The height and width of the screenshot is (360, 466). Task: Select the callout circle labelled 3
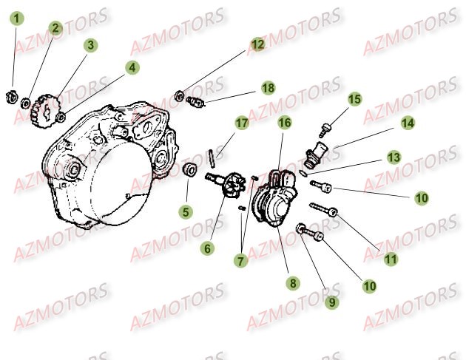(90, 45)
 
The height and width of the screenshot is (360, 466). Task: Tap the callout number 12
(256, 44)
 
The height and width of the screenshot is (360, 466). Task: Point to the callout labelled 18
(266, 88)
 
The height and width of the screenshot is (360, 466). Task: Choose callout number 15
(354, 99)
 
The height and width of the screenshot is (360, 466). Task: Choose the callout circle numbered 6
(207, 249)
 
